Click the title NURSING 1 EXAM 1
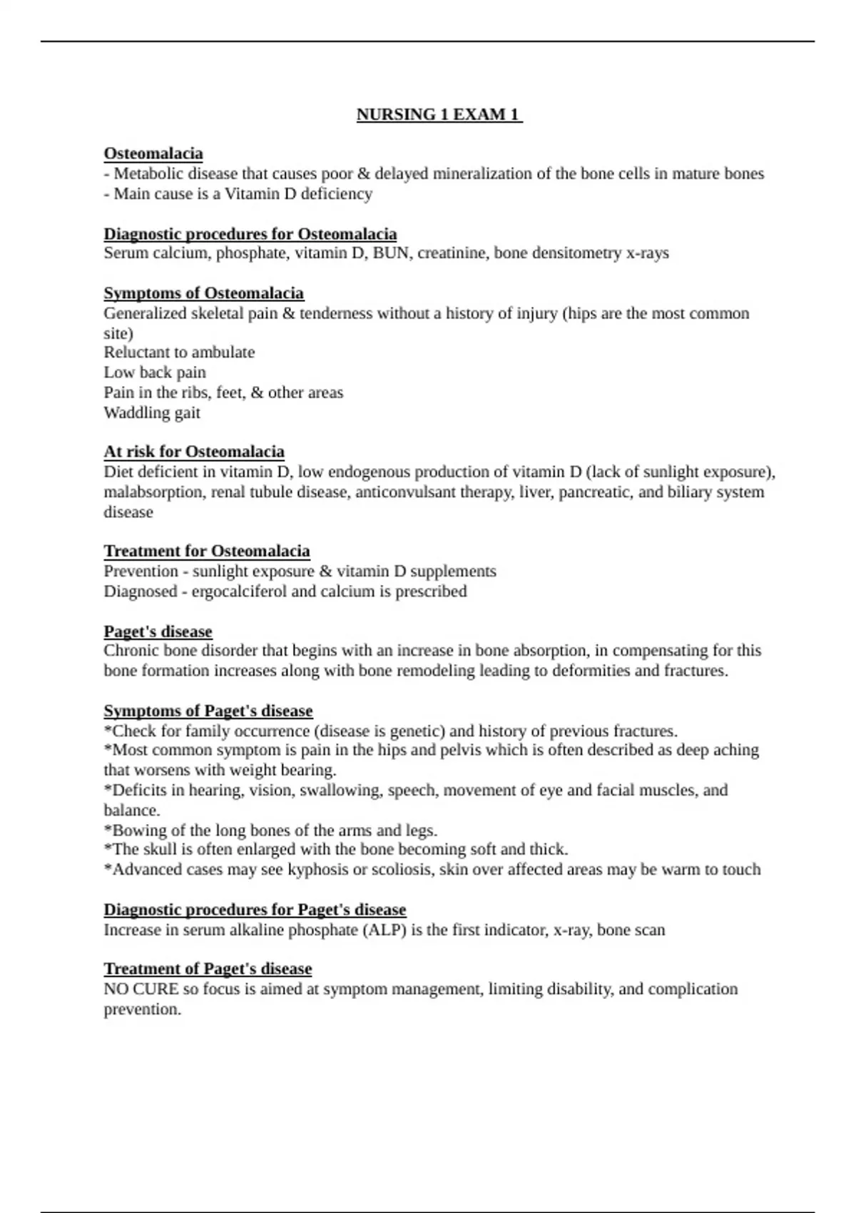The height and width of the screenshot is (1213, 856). pyautogui.click(x=439, y=115)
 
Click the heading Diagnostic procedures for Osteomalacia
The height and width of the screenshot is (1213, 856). pyautogui.click(x=250, y=234)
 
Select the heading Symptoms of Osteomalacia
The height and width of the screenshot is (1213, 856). pyautogui.click(x=203, y=293)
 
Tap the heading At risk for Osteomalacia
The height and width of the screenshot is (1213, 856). pyautogui.click(x=194, y=452)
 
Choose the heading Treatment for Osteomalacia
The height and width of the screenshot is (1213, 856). pyautogui.click(x=207, y=551)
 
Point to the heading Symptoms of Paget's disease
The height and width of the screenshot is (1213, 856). pyautogui.click(x=208, y=711)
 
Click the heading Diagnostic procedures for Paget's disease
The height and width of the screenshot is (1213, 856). pyautogui.click(x=255, y=910)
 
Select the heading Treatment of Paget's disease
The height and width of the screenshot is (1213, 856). pyautogui.click(x=208, y=969)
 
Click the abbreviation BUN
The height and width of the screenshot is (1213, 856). pyautogui.click(x=391, y=253)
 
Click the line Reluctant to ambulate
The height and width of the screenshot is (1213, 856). pyautogui.click(x=179, y=352)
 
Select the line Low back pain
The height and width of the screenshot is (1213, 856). pyautogui.click(x=155, y=372)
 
